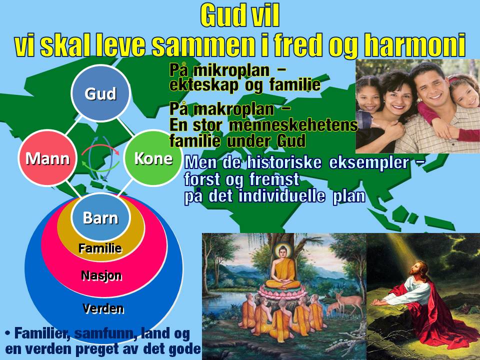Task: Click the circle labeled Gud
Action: point(100,93)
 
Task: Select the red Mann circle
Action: point(47,158)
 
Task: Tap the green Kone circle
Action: point(153,158)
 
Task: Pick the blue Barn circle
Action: point(100,217)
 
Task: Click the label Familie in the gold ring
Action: point(100,248)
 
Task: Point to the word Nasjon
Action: point(101,276)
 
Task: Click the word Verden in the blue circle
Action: point(103,308)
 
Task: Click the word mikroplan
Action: point(231,70)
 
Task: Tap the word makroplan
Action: point(234,109)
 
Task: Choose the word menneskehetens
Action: point(293,125)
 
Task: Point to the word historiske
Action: point(284,162)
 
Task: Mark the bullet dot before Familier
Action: point(8,333)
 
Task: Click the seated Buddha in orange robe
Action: point(283,269)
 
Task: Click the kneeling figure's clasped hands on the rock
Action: point(378,302)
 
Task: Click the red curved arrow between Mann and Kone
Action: point(100,148)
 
